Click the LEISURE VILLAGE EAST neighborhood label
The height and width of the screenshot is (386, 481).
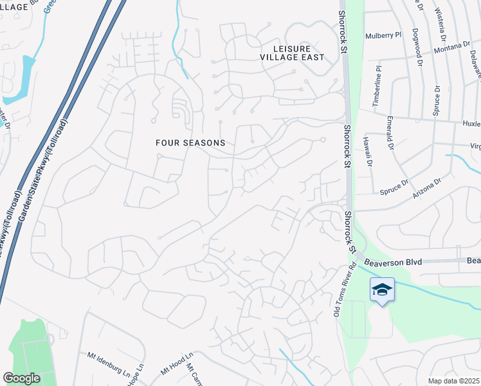click(x=292, y=53)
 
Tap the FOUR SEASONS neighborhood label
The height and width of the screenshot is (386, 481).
click(x=191, y=143)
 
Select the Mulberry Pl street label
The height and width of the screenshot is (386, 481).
click(x=383, y=35)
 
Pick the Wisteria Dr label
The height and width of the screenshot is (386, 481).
click(x=441, y=16)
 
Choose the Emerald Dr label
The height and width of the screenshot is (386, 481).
click(x=390, y=133)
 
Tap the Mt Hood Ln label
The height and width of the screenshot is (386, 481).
click(x=173, y=366)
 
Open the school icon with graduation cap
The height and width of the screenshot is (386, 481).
click(x=382, y=290)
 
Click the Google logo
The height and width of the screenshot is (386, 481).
click(x=21, y=378)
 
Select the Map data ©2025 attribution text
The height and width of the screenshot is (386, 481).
click(x=453, y=381)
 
